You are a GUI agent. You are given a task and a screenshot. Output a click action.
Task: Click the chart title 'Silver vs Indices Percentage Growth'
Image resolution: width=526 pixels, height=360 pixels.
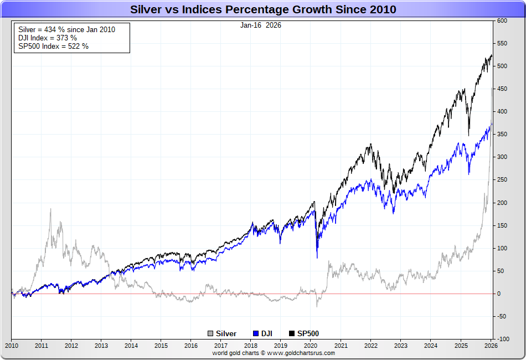(263, 9)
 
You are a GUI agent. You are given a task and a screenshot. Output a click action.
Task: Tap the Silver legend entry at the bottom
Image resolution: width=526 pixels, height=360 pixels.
(222, 333)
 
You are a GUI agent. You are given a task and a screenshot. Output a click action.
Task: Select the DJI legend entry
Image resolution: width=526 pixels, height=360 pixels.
(264, 333)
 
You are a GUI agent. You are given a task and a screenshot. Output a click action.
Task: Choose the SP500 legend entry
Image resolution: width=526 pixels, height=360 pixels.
(304, 333)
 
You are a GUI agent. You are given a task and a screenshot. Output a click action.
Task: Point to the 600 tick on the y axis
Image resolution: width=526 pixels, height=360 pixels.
(502, 20)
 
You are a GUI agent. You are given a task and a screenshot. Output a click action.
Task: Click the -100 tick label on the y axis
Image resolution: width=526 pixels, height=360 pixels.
(502, 339)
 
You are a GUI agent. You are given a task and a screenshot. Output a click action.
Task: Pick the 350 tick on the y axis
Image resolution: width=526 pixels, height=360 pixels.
(502, 134)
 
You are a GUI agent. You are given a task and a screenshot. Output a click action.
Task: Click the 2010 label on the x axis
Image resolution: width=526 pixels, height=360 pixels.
(12, 346)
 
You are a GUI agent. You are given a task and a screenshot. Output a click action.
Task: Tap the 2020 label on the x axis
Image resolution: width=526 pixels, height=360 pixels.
(311, 346)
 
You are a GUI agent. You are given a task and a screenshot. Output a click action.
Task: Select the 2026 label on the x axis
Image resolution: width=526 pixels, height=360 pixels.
(491, 346)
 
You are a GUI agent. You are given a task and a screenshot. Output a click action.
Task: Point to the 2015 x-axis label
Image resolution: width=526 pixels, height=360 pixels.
(161, 346)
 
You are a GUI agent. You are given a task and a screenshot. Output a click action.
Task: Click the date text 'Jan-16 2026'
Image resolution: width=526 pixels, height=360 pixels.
(261, 25)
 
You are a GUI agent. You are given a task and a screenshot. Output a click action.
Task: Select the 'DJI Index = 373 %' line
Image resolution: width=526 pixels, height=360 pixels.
(48, 38)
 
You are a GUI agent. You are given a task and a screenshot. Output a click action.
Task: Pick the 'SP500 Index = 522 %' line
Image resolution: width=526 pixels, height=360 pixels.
(53, 46)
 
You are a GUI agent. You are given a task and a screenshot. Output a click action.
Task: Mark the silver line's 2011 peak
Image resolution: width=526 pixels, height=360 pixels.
(50, 209)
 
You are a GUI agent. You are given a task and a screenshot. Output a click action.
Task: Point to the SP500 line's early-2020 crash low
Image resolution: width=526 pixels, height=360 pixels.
(317, 250)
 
